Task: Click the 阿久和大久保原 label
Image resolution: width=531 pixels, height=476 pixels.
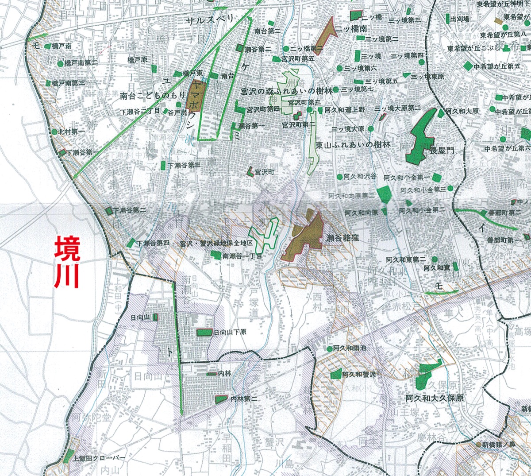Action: tap(435, 399)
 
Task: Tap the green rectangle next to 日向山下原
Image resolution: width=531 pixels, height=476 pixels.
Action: tap(204, 332)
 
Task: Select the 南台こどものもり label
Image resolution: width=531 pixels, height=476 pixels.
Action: tap(153, 95)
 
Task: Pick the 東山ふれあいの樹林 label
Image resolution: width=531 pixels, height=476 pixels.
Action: tap(353, 145)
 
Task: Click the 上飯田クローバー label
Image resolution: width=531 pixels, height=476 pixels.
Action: tap(100, 458)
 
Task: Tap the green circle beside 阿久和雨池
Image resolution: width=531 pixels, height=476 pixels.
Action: tap(329, 349)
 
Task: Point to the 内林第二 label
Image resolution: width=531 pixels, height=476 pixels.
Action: tap(244, 399)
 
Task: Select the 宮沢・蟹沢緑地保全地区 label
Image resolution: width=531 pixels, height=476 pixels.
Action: tap(216, 244)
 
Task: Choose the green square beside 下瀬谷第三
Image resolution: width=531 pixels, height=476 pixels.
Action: tap(163, 166)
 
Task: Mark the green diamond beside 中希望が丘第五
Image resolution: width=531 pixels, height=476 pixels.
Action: tap(468, 66)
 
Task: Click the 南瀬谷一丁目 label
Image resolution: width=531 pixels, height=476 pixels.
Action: tap(242, 256)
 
